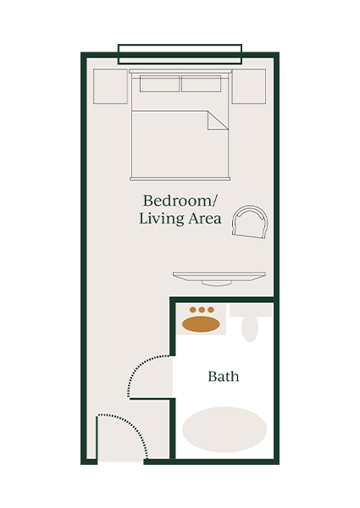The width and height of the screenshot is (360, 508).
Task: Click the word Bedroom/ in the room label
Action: pyautogui.click(x=180, y=201)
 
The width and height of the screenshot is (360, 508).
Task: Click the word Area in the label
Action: pyautogui.click(x=204, y=219)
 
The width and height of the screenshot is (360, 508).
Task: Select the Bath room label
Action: pyautogui.click(x=223, y=376)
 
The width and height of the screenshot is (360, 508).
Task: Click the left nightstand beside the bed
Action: pyautogui.click(x=110, y=86)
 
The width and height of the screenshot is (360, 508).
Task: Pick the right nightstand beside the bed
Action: pyautogui.click(x=248, y=86)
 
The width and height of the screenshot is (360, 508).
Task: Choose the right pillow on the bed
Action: pyautogui.click(x=202, y=84)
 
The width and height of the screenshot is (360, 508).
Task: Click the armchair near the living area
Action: pyautogui.click(x=252, y=223)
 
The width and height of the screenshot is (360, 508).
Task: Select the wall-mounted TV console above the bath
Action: pyautogui.click(x=219, y=276)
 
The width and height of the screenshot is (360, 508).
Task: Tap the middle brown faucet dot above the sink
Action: pyautogui.click(x=202, y=310)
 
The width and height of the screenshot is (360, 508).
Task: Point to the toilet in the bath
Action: pyautogui.click(x=249, y=325)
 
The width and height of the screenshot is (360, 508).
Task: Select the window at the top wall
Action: pyautogui.click(x=180, y=54)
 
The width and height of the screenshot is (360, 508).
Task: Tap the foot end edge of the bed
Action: pyautogui.click(x=180, y=179)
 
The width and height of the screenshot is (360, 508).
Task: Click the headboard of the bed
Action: pyautogui.click(x=180, y=72)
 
